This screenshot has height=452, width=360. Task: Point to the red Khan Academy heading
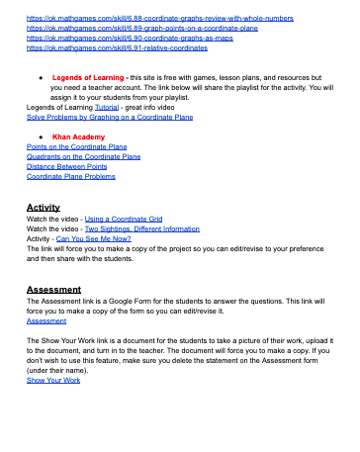point(78,136)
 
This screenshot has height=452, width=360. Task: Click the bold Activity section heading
point(44,208)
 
